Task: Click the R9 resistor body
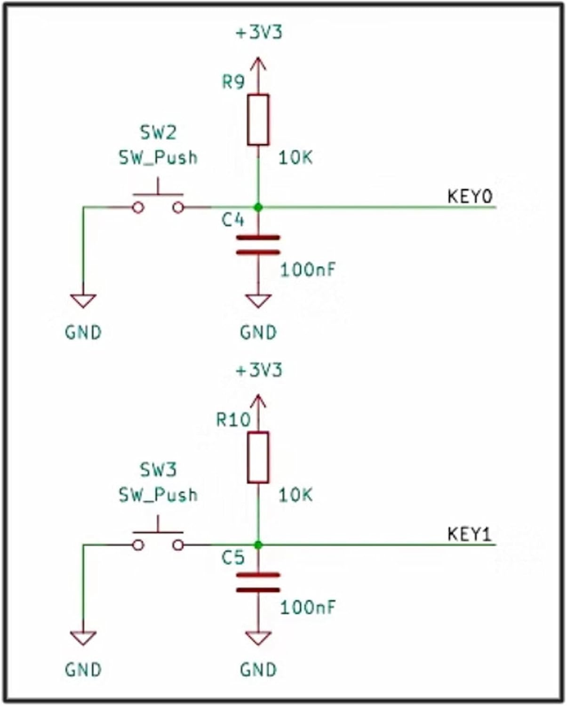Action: [258, 120]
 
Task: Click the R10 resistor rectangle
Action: [258, 457]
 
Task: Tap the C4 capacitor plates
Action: [258, 245]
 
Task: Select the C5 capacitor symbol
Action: [258, 582]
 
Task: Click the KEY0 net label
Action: [469, 196]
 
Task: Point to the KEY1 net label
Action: [469, 534]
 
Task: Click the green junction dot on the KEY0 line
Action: [258, 207]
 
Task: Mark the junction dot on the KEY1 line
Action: [258, 545]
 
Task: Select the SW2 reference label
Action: [158, 133]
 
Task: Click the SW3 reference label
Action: [158, 470]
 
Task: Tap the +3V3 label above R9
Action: [259, 32]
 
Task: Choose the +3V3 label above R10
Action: [259, 370]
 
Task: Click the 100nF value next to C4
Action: [308, 270]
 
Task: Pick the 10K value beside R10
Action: [295, 495]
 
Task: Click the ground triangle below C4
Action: [258, 300]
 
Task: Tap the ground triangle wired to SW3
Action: [83, 637]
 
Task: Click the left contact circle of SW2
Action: [138, 207]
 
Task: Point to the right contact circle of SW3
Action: [178, 545]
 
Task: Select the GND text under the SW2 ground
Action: [83, 332]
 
